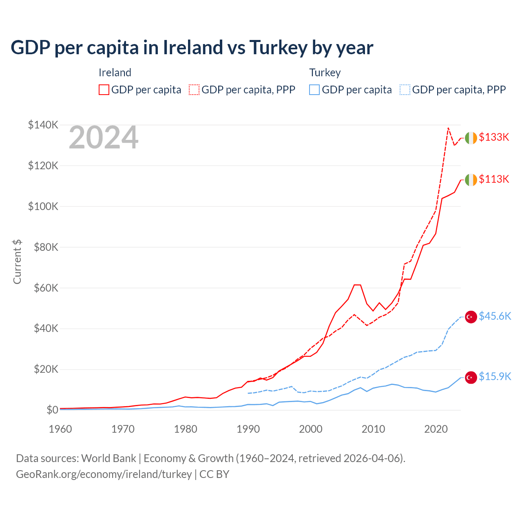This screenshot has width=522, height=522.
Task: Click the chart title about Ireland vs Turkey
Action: [x=192, y=47]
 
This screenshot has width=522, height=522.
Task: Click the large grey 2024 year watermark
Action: [x=104, y=138]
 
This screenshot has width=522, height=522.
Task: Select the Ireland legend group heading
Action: [x=115, y=73]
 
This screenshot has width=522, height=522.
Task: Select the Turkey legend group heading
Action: [x=325, y=73]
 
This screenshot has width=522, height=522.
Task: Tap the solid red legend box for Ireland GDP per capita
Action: [x=104, y=90]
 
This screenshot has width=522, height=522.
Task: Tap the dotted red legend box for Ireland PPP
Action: [x=194, y=90]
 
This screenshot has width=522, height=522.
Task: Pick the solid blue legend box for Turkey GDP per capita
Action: [x=314, y=90]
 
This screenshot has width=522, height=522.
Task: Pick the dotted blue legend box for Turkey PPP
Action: [x=405, y=90]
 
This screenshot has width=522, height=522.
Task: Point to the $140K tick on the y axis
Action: [x=43, y=125]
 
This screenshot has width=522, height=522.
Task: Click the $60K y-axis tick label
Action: [x=43, y=288]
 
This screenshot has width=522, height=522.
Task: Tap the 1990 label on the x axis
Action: [x=248, y=429]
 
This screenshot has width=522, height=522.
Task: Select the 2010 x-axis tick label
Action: [x=373, y=429]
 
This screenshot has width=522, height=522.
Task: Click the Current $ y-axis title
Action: [x=17, y=261]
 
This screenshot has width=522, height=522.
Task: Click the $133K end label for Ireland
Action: [x=494, y=137]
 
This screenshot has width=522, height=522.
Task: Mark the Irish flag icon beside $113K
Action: [x=471, y=179]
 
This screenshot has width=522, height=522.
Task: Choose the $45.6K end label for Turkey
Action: [x=495, y=316]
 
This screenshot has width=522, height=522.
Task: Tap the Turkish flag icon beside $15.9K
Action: [x=471, y=378]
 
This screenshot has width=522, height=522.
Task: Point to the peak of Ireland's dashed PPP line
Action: [x=448, y=128]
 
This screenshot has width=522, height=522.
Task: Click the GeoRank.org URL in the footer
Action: [x=104, y=474]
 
